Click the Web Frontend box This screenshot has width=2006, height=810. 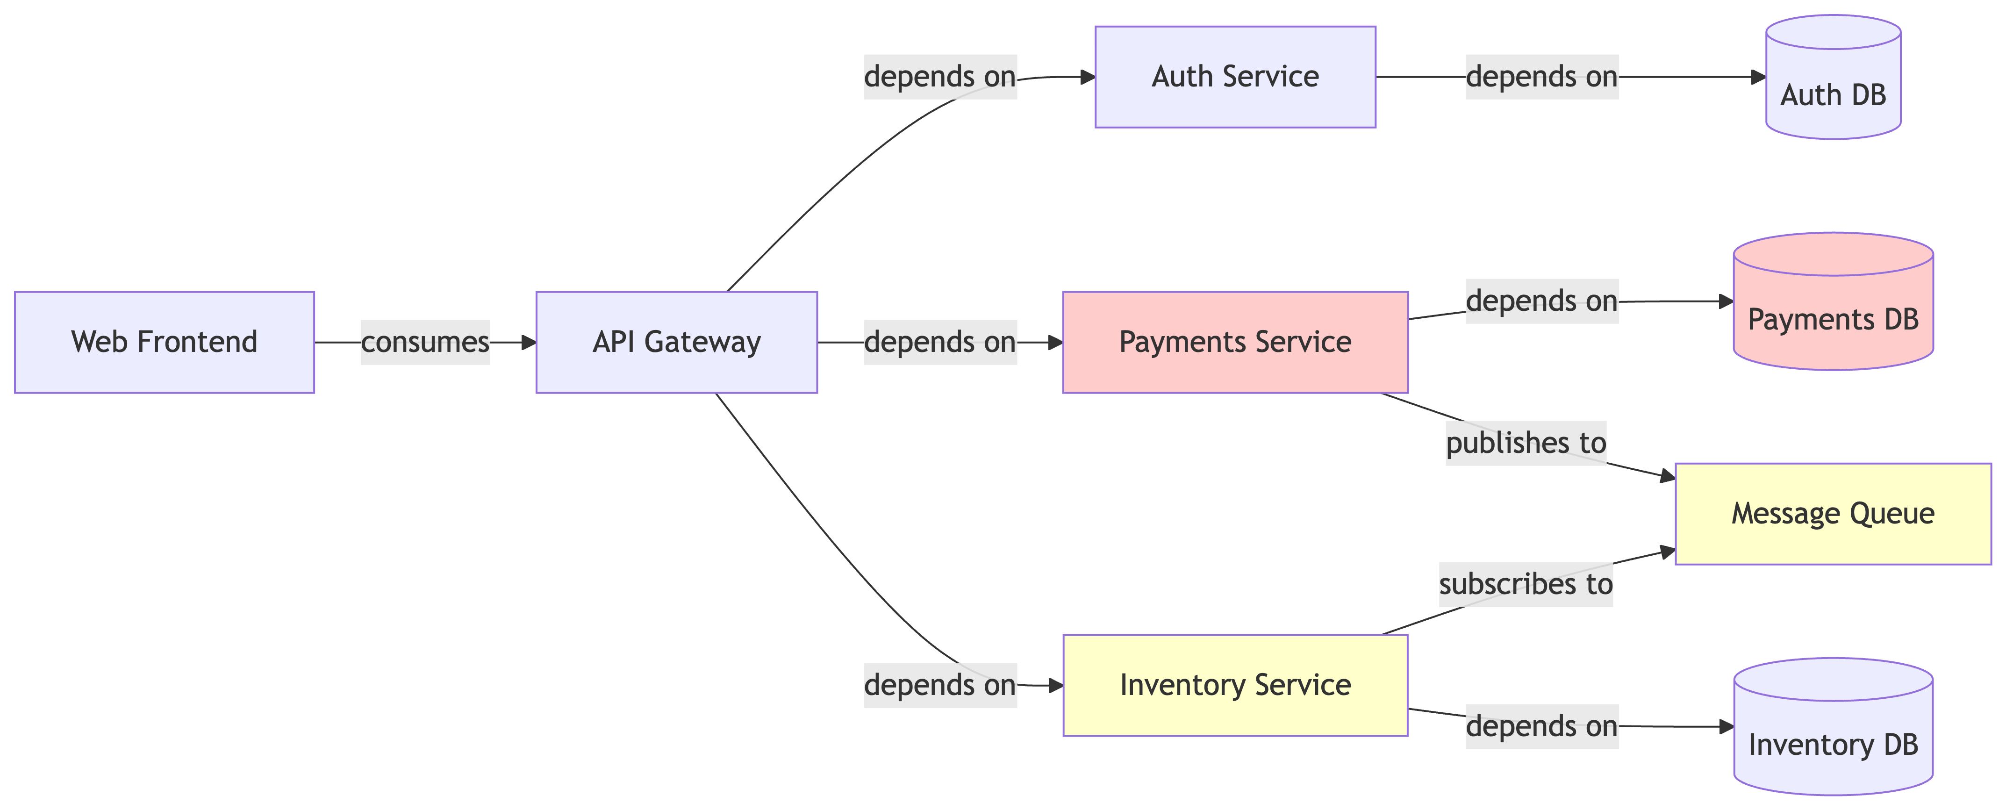point(165,342)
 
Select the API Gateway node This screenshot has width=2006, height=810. point(676,342)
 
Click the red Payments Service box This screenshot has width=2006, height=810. point(1235,342)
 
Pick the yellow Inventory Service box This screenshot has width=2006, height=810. point(1235,685)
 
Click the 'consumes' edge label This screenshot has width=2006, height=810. point(425,342)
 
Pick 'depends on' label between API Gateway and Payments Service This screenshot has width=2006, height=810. point(940,342)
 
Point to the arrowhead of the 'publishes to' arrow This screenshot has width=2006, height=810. point(1667,477)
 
